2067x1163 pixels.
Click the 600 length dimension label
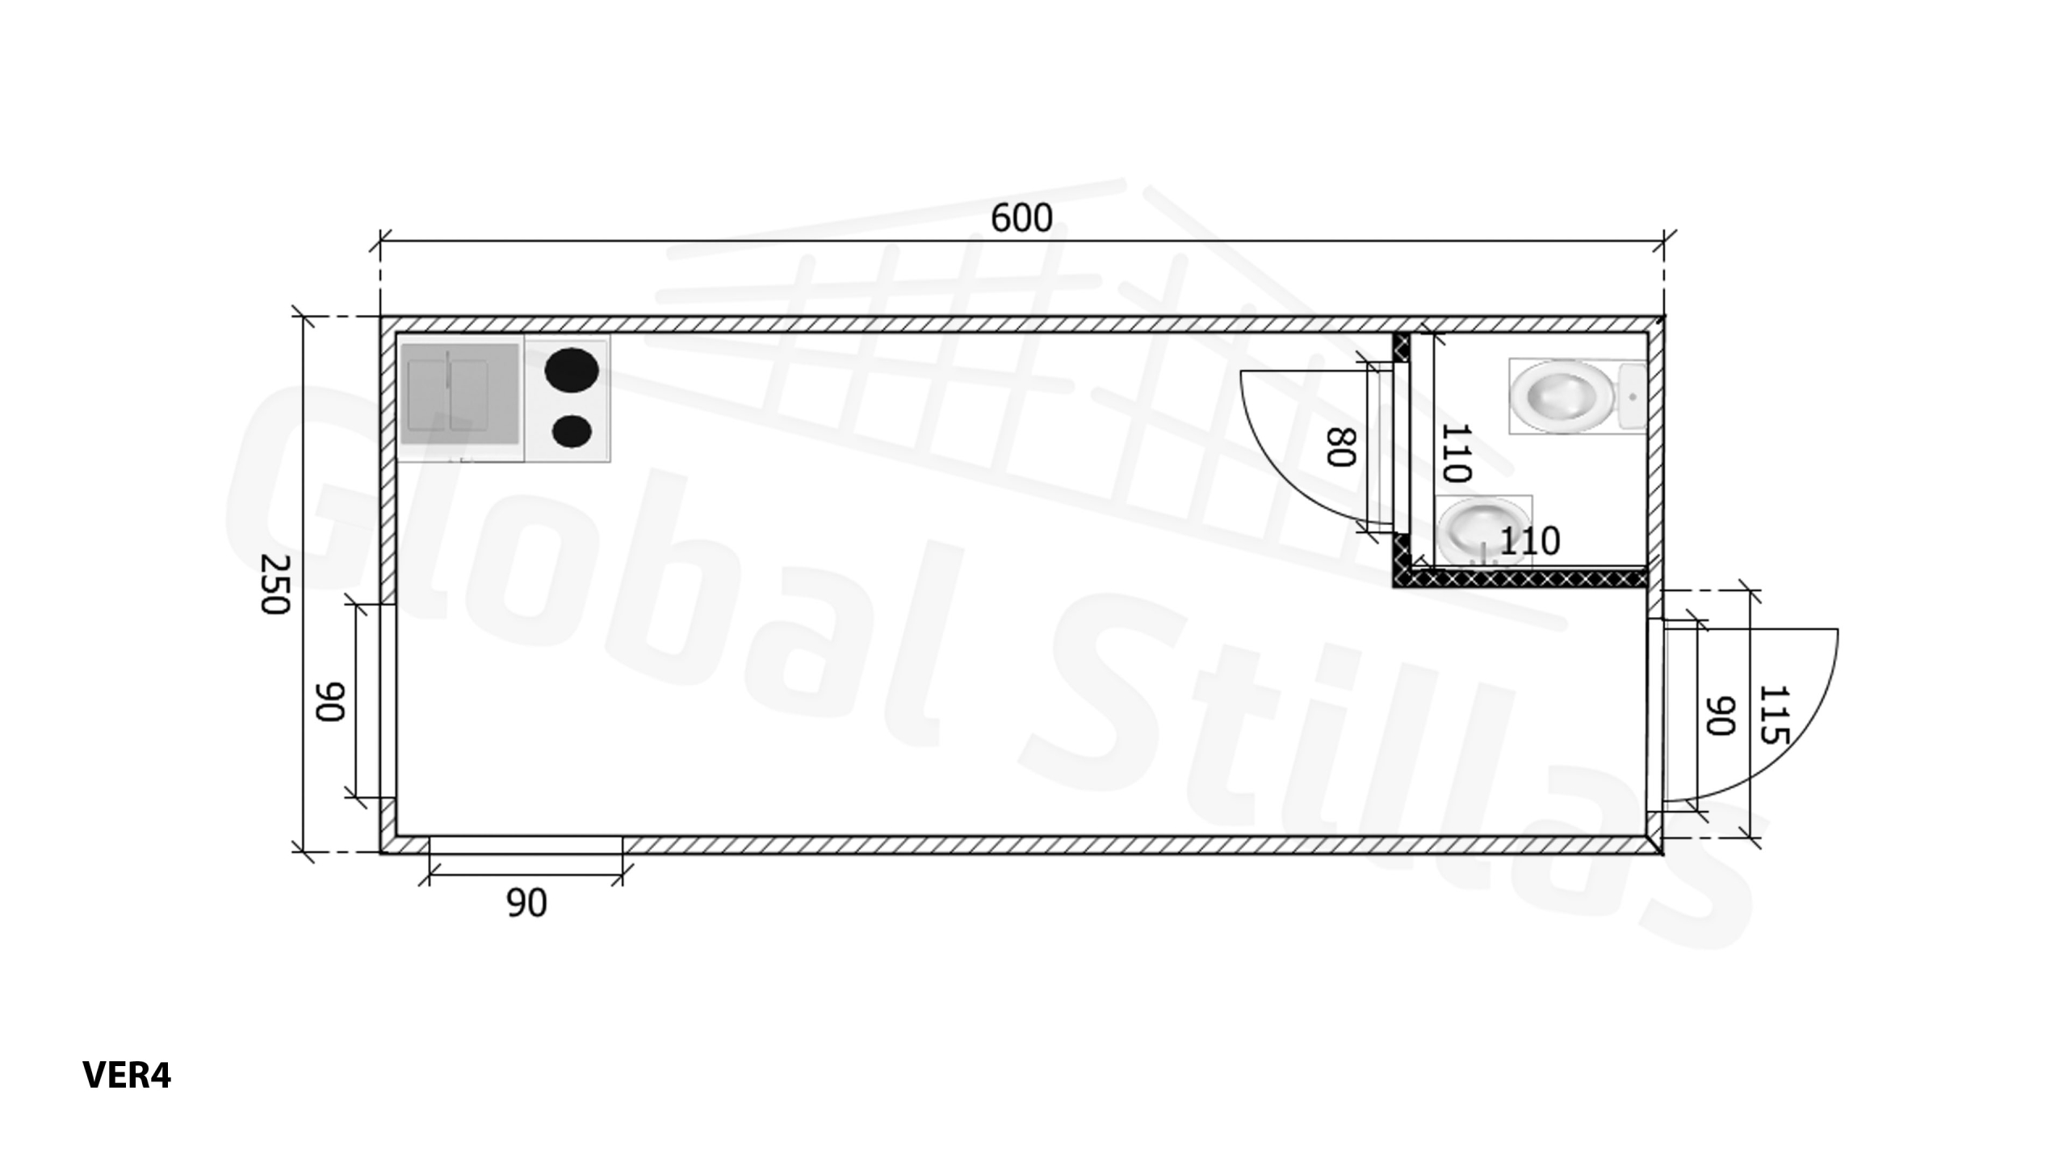1021,218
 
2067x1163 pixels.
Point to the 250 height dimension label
275,584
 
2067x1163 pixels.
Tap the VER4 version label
127,1075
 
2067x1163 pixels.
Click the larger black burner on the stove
572,369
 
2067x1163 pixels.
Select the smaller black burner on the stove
572,431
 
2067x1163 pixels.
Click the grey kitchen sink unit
459,394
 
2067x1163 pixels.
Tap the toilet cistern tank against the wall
1631,397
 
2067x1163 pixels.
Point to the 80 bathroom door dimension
1340,447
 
